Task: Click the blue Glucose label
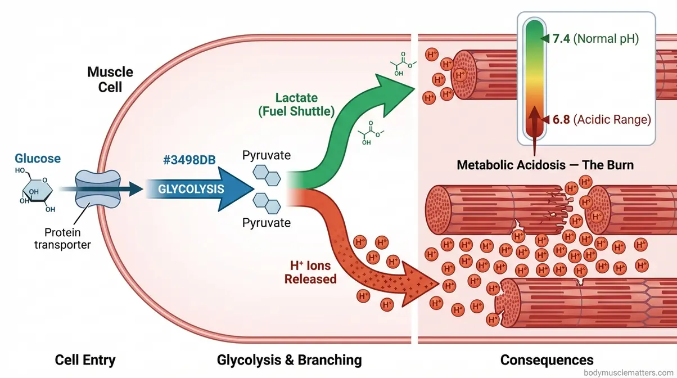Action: [37, 159]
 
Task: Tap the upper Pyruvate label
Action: [266, 155]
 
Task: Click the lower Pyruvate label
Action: [266, 223]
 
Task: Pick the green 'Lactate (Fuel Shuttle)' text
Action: [296, 105]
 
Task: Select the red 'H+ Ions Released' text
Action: [310, 272]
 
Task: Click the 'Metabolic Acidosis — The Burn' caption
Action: [545, 165]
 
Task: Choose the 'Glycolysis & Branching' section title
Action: [289, 359]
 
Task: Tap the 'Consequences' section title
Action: [547, 359]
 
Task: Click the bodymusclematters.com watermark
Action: [629, 372]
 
